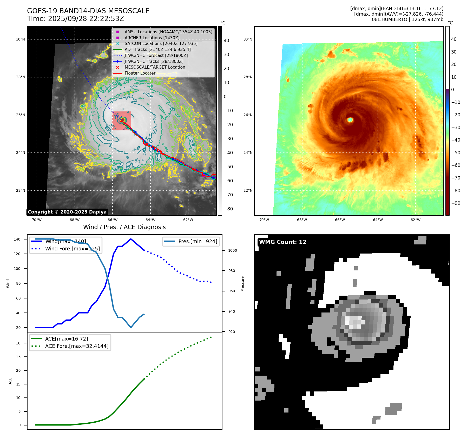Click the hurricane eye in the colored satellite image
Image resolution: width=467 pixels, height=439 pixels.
click(350, 120)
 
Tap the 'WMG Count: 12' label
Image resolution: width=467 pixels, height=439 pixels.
click(282, 242)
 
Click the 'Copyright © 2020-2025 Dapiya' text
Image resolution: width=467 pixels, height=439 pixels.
click(67, 212)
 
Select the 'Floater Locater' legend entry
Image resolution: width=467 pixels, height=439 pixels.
click(140, 73)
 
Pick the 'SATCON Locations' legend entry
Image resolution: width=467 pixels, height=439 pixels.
click(161, 44)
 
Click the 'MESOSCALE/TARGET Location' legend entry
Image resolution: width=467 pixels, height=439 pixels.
click(155, 67)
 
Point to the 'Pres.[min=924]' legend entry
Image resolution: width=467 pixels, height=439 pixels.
click(198, 241)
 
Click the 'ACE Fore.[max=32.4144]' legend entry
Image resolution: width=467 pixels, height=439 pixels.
click(77, 346)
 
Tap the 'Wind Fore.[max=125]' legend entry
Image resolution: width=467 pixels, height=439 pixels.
click(72, 249)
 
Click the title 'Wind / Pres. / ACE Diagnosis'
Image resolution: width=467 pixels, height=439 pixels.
click(124, 227)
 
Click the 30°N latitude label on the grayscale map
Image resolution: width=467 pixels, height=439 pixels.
click(21, 39)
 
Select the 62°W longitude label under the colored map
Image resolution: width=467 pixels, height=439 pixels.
click(415, 220)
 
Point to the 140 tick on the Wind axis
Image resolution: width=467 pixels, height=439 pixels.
click(17, 239)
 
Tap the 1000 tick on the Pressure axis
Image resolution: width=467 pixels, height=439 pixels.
click(232, 250)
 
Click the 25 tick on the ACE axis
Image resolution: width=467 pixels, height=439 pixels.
click(18, 357)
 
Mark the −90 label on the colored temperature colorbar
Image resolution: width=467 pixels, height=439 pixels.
click(456, 203)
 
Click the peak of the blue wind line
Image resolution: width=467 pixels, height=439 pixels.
click(131, 239)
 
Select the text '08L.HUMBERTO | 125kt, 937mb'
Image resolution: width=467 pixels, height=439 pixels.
click(407, 19)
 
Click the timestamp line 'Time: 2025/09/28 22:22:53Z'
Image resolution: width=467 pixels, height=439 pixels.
click(75, 19)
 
